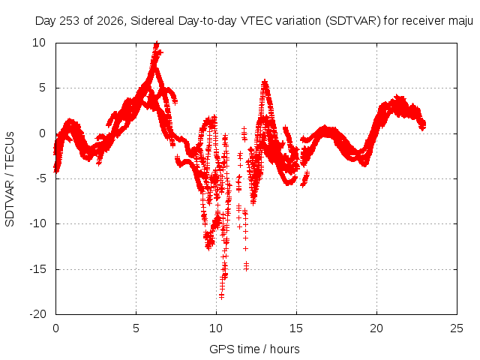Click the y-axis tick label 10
pyautogui.click(x=39, y=43)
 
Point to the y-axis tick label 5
pyautogui.click(x=42, y=88)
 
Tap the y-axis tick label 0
pyautogui.click(x=42, y=133)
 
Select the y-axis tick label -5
pyautogui.click(x=38, y=178)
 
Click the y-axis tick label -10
pyautogui.click(x=38, y=223)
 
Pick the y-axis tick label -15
pyautogui.click(x=38, y=269)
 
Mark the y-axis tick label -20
pyautogui.click(x=38, y=314)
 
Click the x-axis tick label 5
pyautogui.click(x=136, y=328)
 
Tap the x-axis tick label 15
pyautogui.click(x=296, y=328)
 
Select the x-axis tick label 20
pyautogui.click(x=376, y=328)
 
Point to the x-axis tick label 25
pyautogui.click(x=457, y=328)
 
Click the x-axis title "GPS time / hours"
pyautogui.click(x=254, y=349)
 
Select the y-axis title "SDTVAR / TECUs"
pyautogui.click(x=10, y=179)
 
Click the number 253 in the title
pyautogui.click(x=70, y=21)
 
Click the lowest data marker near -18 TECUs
pyautogui.click(x=221, y=296)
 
